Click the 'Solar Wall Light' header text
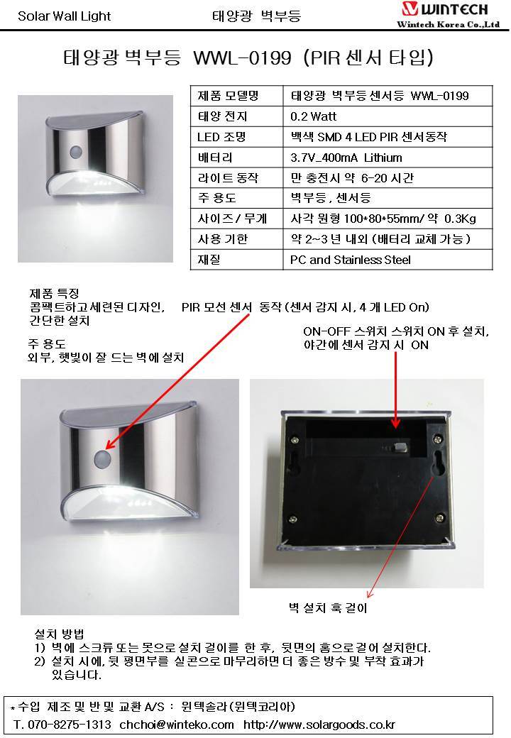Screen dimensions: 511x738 64,16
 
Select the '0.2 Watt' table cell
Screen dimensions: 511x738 314,116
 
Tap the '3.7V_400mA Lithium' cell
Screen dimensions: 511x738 346,158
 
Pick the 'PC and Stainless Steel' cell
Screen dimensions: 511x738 351,260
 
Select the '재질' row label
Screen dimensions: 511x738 209,260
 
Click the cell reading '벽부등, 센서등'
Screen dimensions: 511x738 331,198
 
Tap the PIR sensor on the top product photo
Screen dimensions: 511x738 76,152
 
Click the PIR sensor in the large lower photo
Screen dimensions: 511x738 103,459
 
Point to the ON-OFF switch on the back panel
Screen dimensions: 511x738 400,446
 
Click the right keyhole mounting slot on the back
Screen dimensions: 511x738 440,463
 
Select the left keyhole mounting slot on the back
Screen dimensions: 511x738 294,463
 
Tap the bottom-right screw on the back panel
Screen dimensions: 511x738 439,518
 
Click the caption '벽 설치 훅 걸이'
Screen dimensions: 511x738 328,607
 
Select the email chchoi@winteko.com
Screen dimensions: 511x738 177,725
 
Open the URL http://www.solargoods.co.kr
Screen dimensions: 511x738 319,725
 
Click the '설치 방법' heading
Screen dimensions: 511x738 60,634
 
